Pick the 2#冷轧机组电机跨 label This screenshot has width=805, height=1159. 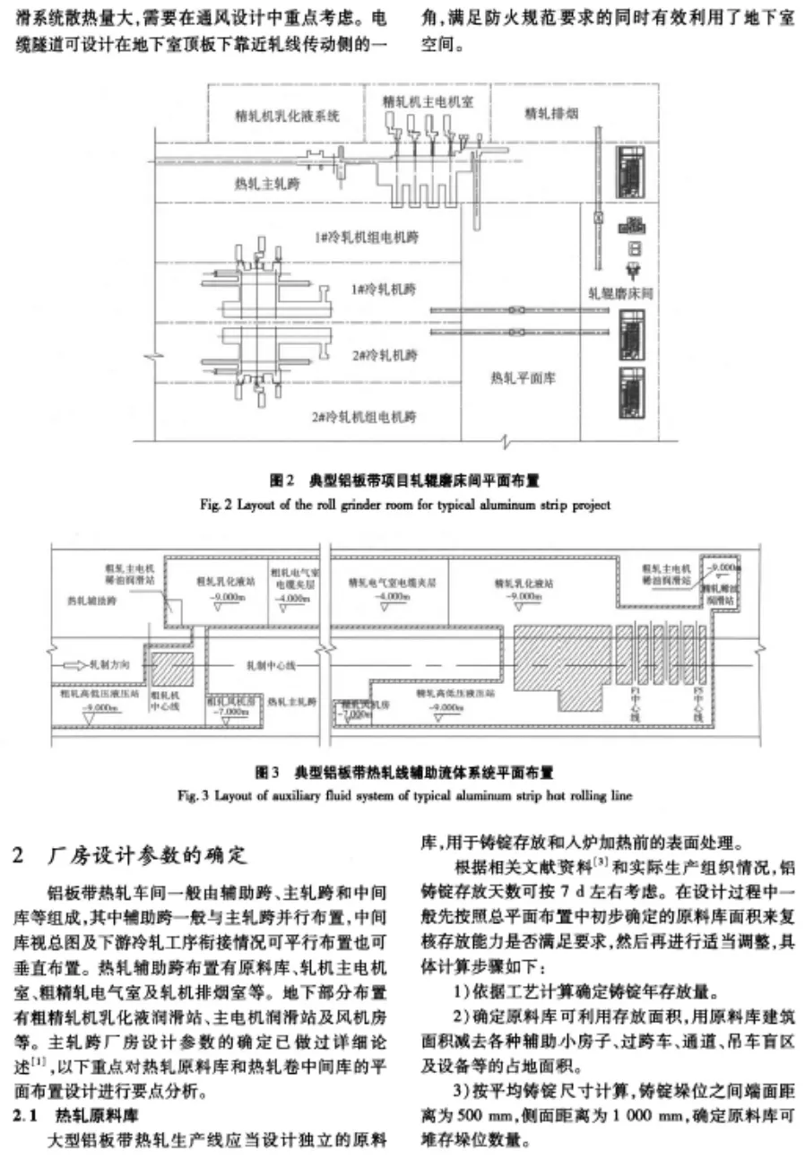[x=364, y=417]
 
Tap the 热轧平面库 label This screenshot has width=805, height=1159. [x=523, y=377]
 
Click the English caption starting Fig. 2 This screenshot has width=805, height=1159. [x=405, y=505]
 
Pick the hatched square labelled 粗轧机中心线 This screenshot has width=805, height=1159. [x=164, y=671]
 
